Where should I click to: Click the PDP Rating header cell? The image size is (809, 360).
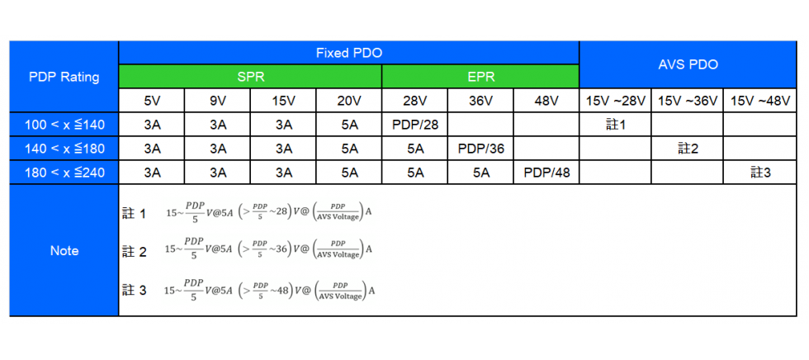point(64,77)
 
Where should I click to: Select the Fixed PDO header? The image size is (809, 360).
point(348,53)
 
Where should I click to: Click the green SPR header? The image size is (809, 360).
point(250,77)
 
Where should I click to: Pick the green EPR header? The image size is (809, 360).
point(480,77)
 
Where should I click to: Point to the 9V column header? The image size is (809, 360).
point(218,102)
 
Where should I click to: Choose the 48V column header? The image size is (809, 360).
point(546,102)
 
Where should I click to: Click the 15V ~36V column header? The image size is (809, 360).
point(688,102)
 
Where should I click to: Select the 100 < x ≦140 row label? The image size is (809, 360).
point(64,125)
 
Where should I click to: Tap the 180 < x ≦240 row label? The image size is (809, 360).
point(64,173)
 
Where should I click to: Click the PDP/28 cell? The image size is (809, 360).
point(414,125)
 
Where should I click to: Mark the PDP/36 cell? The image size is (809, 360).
point(480,149)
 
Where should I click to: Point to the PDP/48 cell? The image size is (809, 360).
point(546,173)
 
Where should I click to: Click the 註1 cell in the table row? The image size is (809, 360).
point(615,125)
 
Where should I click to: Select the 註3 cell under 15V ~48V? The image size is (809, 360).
point(760,173)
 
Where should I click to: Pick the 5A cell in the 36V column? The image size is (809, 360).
point(480,173)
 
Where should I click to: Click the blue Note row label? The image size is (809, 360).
point(64,251)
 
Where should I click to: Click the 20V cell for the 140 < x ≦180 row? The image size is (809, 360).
point(349,149)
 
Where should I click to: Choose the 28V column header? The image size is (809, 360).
point(414,102)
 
